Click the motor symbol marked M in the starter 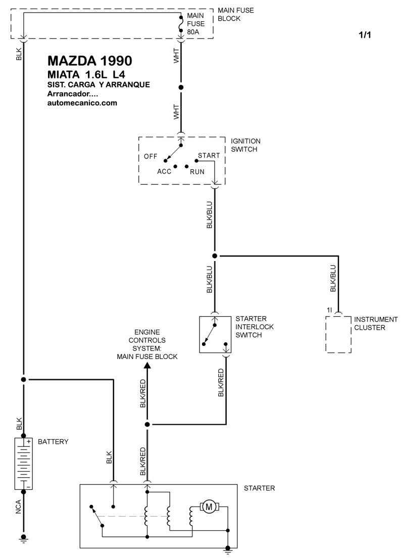coord(209,506)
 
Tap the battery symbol coord(24,464)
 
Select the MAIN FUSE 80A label coord(196,24)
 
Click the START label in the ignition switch coord(209,156)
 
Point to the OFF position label coord(150,156)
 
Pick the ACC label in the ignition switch coord(164,172)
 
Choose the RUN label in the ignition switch coord(197,172)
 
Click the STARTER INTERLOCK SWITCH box coord(215,334)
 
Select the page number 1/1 coord(365,35)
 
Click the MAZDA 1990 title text coord(90,61)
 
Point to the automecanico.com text coord(82,103)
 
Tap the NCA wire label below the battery coord(19,507)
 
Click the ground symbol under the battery coord(24,538)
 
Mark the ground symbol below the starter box coord(228,550)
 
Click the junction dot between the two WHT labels coord(181,87)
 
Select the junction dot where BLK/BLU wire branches coord(215,256)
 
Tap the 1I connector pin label coord(329,310)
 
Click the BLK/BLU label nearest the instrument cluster coord(333,278)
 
